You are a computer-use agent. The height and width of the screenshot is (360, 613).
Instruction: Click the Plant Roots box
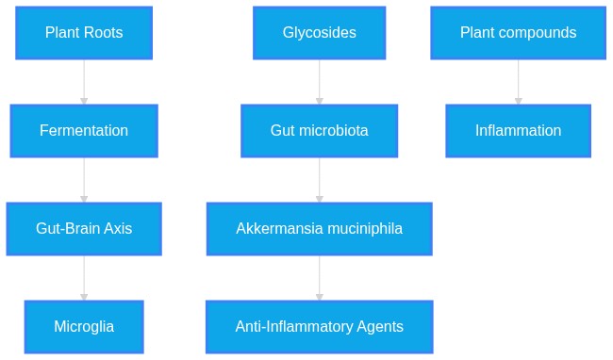(x=84, y=33)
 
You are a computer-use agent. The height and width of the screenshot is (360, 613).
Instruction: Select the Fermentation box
(x=84, y=131)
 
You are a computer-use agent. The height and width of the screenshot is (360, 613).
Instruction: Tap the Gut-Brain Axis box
(x=84, y=229)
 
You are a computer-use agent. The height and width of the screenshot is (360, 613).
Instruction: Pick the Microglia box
(x=84, y=327)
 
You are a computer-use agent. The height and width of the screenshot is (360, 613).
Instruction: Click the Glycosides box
(x=320, y=33)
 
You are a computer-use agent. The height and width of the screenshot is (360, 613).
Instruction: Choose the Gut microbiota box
(x=320, y=131)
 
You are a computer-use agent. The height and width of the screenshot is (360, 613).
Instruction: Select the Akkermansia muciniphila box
(x=320, y=229)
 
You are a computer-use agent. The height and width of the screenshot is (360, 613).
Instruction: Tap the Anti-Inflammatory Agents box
(x=320, y=327)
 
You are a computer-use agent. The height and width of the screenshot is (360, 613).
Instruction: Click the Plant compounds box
(x=519, y=33)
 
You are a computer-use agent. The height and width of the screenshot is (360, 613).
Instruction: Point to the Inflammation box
(x=519, y=131)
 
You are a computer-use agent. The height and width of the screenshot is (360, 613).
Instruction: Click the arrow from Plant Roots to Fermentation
(x=84, y=82)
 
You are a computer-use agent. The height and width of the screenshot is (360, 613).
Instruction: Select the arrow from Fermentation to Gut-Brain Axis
(x=84, y=180)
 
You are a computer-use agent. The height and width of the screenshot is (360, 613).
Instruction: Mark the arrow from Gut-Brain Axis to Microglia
(x=84, y=278)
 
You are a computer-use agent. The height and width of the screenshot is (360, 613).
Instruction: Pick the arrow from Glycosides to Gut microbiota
(x=320, y=82)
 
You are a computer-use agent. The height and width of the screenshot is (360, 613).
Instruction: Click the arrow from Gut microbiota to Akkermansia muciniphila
(x=320, y=180)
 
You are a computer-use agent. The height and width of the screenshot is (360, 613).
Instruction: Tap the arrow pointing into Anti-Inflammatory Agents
(x=320, y=278)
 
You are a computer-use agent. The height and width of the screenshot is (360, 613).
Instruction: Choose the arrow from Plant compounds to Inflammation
(x=519, y=82)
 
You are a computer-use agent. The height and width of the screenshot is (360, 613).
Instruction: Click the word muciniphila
(x=365, y=229)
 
